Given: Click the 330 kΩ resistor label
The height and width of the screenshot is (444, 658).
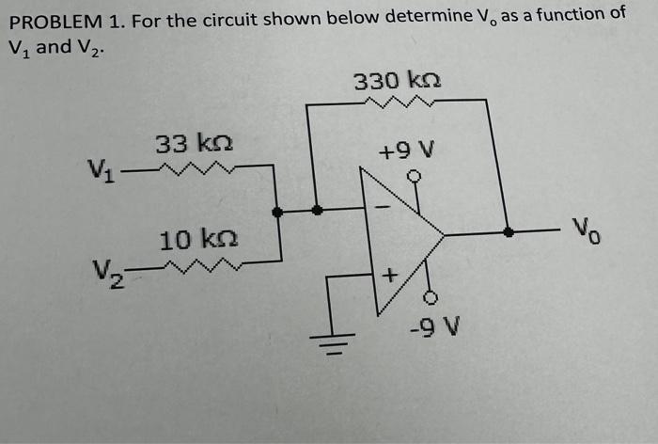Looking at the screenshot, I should (397, 81).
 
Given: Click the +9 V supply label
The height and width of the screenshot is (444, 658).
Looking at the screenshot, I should (406, 151).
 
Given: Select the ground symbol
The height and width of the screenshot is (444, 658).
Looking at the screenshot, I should (328, 336).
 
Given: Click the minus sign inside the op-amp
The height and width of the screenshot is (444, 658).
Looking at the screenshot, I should (383, 204).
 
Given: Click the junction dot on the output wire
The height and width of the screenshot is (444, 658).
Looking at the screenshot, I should (509, 231).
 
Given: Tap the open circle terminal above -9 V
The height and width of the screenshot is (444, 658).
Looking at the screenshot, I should (430, 298).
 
